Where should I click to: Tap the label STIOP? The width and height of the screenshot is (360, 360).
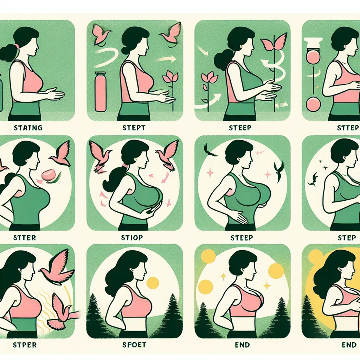tap(132, 238)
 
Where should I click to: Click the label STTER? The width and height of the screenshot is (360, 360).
tap(24, 238)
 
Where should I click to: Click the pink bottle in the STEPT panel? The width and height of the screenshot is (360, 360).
tap(100, 92)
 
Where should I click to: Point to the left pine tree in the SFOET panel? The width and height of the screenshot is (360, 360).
tap(98, 313)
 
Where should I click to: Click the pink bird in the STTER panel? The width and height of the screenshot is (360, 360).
tap(61, 155)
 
